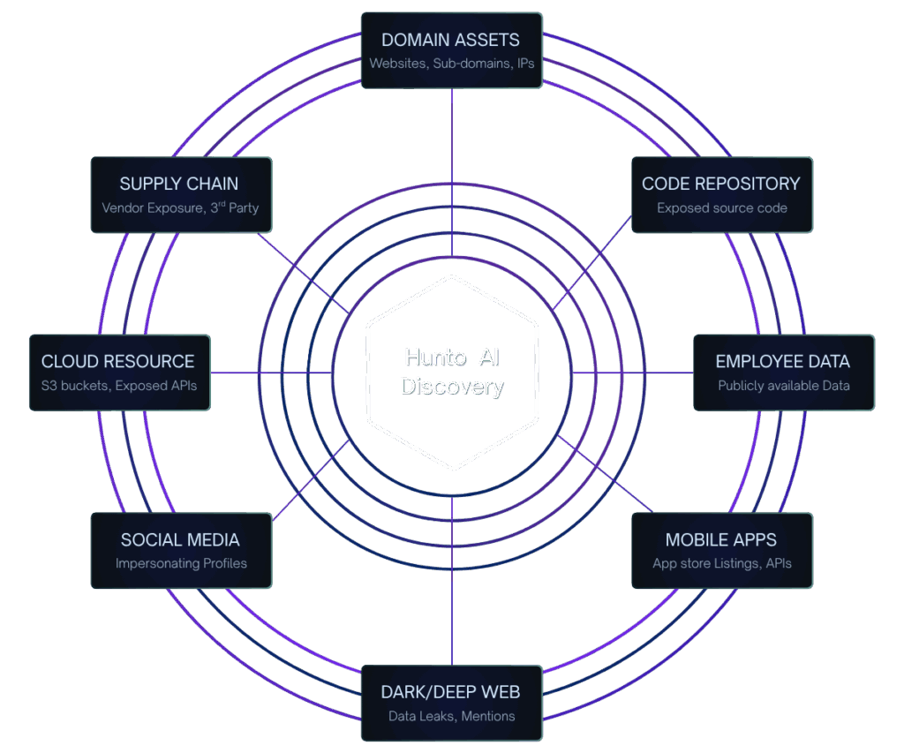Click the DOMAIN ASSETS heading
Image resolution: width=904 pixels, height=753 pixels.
(x=450, y=40)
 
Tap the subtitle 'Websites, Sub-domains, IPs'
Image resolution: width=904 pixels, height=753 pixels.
(x=451, y=64)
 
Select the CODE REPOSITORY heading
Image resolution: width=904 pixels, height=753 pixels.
(x=720, y=184)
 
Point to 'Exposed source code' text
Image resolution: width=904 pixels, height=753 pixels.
(x=721, y=208)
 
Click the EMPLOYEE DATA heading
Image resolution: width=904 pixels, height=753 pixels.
(x=782, y=361)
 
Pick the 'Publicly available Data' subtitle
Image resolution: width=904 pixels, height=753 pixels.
(x=783, y=386)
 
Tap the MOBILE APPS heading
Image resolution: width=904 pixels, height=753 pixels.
(x=721, y=539)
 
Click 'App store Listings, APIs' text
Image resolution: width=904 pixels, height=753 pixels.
(x=721, y=563)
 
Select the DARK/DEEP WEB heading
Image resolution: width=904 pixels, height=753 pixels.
(x=450, y=692)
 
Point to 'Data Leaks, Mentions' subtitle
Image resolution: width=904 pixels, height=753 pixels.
(x=451, y=716)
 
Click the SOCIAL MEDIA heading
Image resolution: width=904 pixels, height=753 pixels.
(x=180, y=539)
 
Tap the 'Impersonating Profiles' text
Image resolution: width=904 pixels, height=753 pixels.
(x=181, y=563)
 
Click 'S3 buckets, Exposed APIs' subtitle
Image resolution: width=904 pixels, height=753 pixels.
(x=118, y=386)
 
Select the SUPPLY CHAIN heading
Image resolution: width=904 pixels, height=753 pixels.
(x=179, y=184)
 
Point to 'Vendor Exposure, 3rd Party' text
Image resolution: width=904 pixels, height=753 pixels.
(x=180, y=208)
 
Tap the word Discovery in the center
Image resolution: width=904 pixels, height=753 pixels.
(x=451, y=386)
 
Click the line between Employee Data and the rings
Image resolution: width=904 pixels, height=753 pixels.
(x=636, y=373)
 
